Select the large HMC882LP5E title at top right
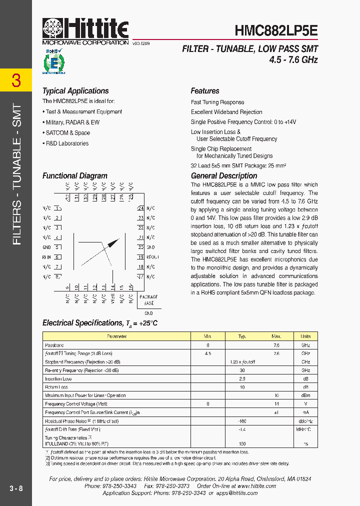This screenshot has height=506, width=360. tap(276, 30)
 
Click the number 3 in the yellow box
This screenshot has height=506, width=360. tap(16, 80)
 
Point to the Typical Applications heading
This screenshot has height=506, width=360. tap(75, 91)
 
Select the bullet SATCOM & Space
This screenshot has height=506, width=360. tap(67, 133)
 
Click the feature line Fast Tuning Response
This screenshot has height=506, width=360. tap(217, 102)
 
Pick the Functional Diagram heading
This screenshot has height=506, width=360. tap(75, 176)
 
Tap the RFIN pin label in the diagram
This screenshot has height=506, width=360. tap(46, 257)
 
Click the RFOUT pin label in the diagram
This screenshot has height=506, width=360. tap(152, 257)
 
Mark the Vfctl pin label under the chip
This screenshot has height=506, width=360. tap(112, 299)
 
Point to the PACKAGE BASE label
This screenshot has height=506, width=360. tap(149, 300)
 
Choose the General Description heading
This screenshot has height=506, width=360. tap(224, 176)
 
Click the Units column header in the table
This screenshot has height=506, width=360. tap(305, 336)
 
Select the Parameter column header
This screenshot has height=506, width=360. tap(117, 336)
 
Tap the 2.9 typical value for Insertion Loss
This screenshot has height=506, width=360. tap(242, 378)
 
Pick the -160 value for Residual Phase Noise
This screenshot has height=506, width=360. tap(242, 421)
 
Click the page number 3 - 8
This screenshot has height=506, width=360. tap(16, 488)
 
